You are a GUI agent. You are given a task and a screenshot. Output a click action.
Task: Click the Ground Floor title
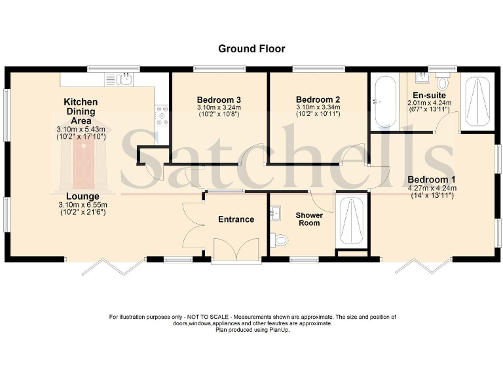[x=251, y=48]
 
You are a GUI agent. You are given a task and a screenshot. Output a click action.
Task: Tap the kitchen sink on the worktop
[x=123, y=80]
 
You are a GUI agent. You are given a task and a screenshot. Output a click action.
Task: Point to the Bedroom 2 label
[x=317, y=100]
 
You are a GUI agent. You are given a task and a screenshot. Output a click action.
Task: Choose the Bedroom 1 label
[x=432, y=179]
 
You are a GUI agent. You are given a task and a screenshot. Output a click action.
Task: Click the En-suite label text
[x=429, y=94]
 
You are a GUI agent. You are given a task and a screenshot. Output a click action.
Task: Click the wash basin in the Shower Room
[x=275, y=213]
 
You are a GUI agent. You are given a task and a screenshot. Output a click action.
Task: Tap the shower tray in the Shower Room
[x=352, y=219]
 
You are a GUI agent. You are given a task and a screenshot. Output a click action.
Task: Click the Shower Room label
[x=309, y=219]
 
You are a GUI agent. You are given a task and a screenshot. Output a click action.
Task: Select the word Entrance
[x=236, y=219]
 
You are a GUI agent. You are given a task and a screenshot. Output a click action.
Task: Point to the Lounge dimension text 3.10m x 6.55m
[x=82, y=204]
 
